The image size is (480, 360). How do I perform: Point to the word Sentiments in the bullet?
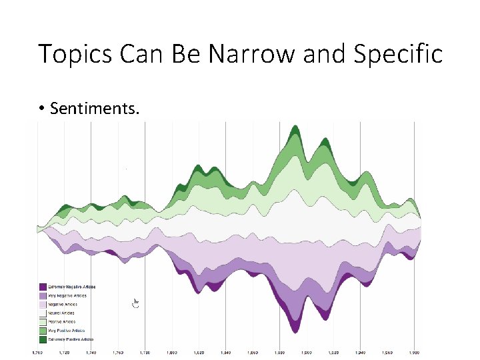[x=94, y=108]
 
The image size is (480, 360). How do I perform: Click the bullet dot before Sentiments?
[x=41, y=109]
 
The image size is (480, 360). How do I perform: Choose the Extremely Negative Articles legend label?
[x=67, y=286]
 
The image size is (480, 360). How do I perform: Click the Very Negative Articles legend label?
[x=64, y=295]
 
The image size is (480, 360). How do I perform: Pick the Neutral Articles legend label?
[x=61, y=313]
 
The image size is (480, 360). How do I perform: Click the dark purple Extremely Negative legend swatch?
[x=43, y=286]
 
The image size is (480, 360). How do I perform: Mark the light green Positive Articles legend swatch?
[x=43, y=321]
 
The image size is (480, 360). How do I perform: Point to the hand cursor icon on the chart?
[x=136, y=303]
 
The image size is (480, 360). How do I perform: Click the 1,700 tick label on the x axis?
[x=37, y=352]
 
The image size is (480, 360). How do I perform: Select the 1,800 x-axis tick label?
[x=172, y=352]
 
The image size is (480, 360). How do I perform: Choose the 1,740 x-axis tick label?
[x=91, y=352]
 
